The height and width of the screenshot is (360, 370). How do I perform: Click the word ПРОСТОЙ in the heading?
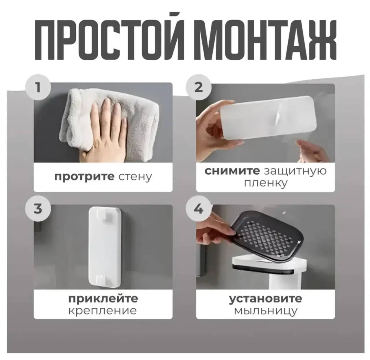pos(110,36)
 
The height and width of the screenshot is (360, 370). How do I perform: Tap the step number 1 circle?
pos(38,88)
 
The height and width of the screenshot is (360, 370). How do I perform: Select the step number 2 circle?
pos(199,88)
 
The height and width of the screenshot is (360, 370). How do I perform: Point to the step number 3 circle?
pos(38,208)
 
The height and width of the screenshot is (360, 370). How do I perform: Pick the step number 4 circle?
pos(199,208)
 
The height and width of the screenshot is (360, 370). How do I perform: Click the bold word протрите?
pos(84,177)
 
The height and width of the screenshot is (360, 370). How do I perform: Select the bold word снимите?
pos(232,171)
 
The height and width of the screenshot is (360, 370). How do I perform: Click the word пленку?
pos(265,184)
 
